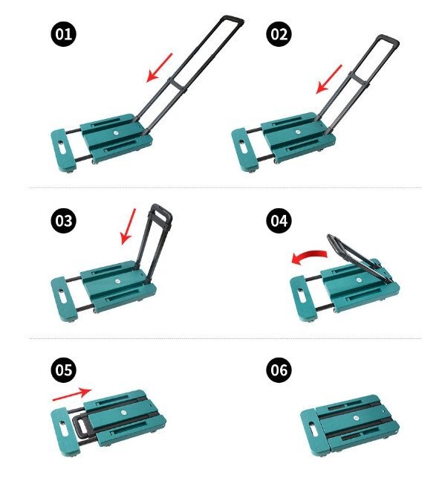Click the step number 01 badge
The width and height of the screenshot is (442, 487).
click(x=63, y=34)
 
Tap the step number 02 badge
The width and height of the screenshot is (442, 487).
click(x=279, y=34)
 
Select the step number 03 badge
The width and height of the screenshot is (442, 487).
click(x=63, y=221)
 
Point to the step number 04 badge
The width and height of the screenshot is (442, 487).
click(x=279, y=221)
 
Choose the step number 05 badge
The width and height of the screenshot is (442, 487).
click(x=63, y=370)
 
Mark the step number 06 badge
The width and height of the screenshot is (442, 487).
click(x=279, y=370)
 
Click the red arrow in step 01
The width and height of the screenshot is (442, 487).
click(x=159, y=68)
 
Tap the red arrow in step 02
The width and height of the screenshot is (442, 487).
click(x=328, y=80)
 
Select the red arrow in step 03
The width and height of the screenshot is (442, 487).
click(x=129, y=226)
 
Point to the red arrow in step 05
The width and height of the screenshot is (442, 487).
click(x=72, y=394)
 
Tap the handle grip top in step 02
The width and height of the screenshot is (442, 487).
click(x=388, y=39)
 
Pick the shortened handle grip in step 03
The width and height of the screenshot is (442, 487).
click(x=161, y=210)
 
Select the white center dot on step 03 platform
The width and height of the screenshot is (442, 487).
click(x=117, y=281)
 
